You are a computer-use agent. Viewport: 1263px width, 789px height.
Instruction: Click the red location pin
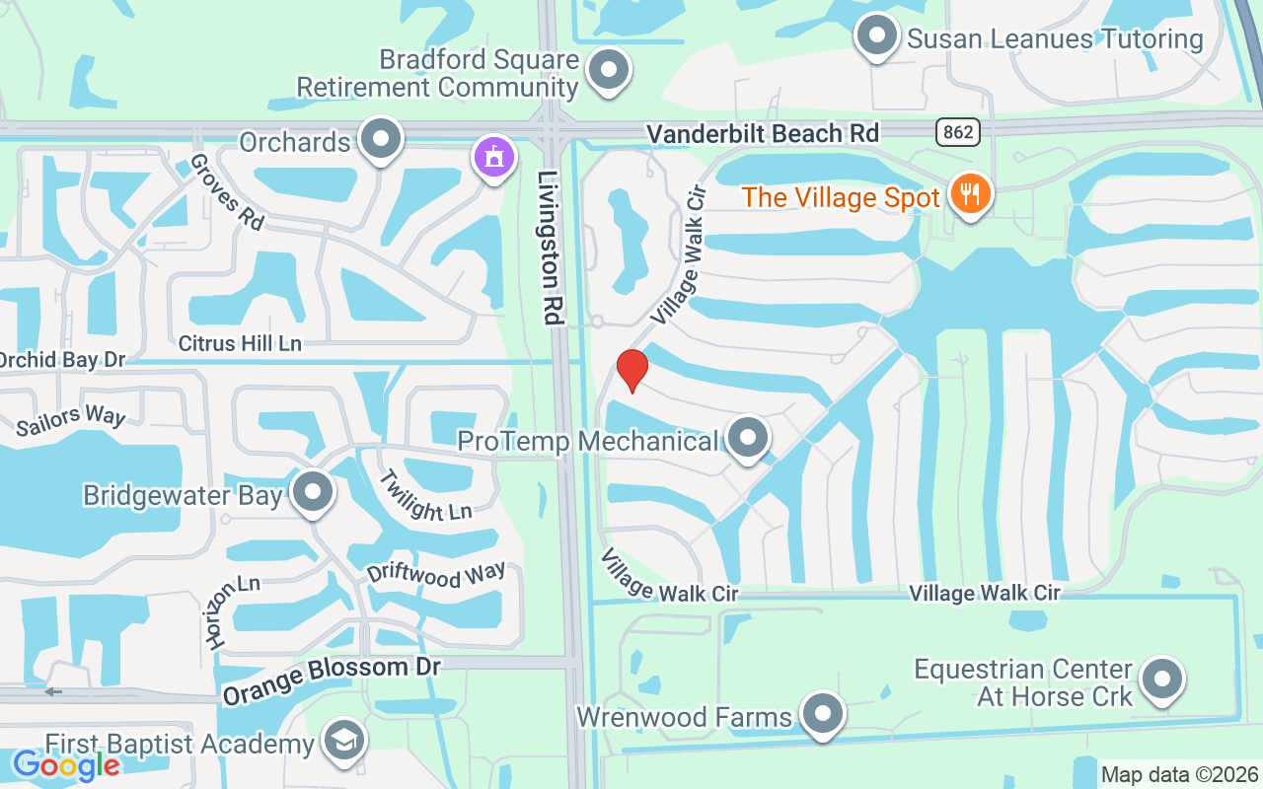click(631, 370)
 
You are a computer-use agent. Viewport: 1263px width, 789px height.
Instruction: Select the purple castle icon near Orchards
click(494, 157)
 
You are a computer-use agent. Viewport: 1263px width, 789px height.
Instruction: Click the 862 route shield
click(957, 132)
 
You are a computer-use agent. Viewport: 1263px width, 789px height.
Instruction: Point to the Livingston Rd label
click(550, 247)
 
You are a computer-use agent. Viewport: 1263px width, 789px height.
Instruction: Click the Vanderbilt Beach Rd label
click(761, 134)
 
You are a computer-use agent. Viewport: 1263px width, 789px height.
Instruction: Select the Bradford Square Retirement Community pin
click(609, 71)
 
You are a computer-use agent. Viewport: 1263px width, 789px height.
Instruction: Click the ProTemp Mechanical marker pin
click(747, 437)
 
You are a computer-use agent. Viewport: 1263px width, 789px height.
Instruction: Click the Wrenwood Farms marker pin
click(821, 713)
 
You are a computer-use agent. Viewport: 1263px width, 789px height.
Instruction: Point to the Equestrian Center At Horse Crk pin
click(1162, 680)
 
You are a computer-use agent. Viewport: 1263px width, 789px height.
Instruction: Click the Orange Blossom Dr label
click(331, 681)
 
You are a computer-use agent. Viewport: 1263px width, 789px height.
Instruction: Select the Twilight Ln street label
click(426, 495)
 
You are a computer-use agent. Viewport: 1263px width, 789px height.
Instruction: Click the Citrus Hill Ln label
click(240, 343)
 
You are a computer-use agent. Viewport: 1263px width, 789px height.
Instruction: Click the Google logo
click(66, 764)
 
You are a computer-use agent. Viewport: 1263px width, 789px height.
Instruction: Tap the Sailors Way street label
click(71, 420)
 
